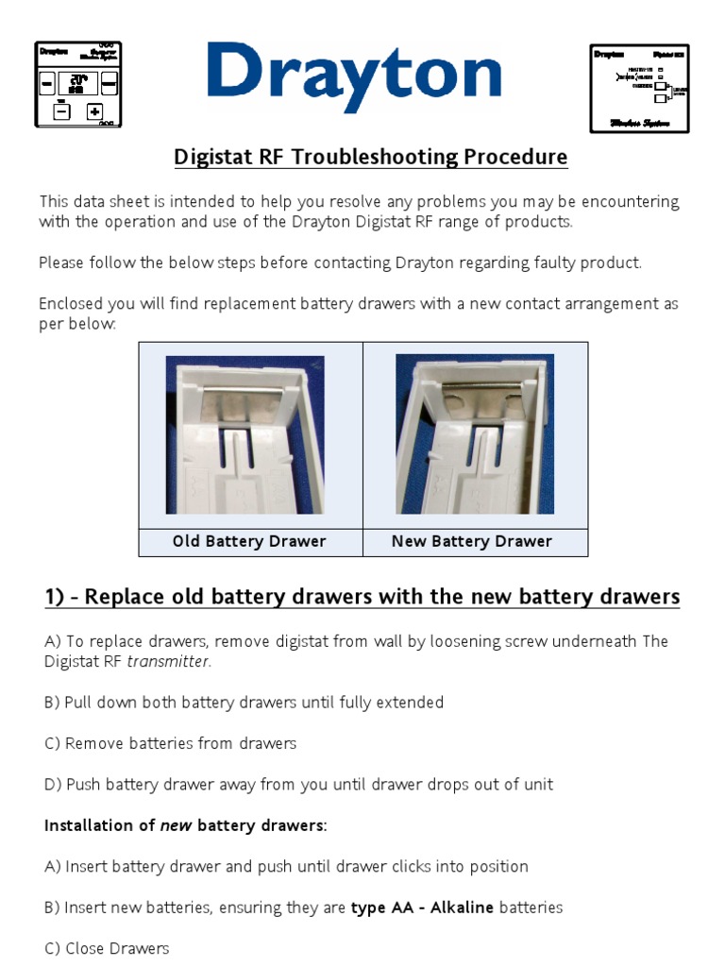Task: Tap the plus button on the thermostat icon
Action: click(x=94, y=111)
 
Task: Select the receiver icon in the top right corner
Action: click(x=639, y=88)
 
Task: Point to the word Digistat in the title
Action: click(x=212, y=157)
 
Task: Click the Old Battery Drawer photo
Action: click(x=245, y=434)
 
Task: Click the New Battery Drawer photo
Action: click(x=475, y=434)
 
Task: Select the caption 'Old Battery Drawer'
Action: click(x=249, y=541)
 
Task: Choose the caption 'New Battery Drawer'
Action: click(x=472, y=541)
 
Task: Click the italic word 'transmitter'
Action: click(x=168, y=661)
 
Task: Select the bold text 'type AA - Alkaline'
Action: click(x=422, y=908)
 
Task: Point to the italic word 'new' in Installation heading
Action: click(x=176, y=825)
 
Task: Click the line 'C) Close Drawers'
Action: click(x=107, y=948)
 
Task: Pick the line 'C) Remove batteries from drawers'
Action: click(x=170, y=743)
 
